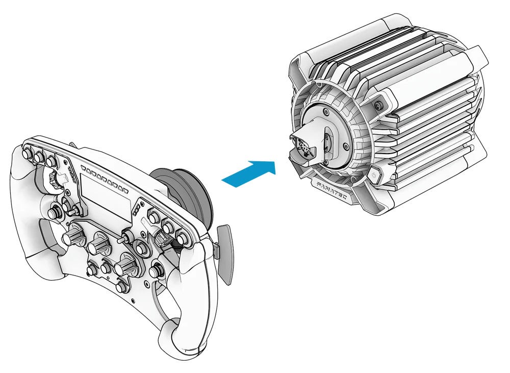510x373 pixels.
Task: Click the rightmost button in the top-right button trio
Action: point(182,236)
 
